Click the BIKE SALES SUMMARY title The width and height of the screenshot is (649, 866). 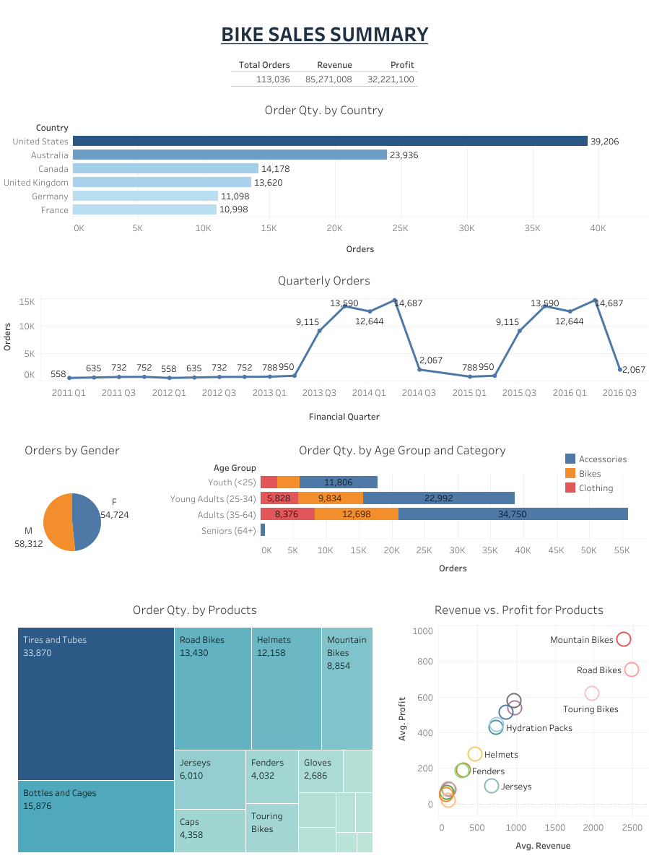pyautogui.click(x=324, y=34)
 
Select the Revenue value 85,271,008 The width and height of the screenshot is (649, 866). pyautogui.click(x=328, y=79)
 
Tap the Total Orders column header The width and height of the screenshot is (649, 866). pyautogui.click(x=264, y=65)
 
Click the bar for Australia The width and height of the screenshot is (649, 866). pyautogui.click(x=230, y=155)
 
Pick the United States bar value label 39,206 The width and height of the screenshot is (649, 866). pyautogui.click(x=604, y=142)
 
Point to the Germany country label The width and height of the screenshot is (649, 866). pyautogui.click(x=50, y=196)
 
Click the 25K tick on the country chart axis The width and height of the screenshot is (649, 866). pyautogui.click(x=400, y=228)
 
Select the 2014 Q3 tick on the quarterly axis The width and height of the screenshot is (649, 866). pyautogui.click(x=419, y=392)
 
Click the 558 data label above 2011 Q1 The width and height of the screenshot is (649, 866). pyautogui.click(x=58, y=374)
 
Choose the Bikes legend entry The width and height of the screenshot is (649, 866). pyautogui.click(x=589, y=474)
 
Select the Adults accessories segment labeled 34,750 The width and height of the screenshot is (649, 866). pyautogui.click(x=513, y=514)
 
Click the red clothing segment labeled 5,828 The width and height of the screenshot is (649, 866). pyautogui.click(x=279, y=498)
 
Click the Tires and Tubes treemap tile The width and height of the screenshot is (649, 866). pyautogui.click(x=96, y=703)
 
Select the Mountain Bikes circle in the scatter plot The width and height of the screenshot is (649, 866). pyautogui.click(x=624, y=639)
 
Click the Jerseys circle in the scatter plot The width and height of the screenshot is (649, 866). pyautogui.click(x=492, y=786)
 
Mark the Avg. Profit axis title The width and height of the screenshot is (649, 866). pyautogui.click(x=403, y=718)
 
